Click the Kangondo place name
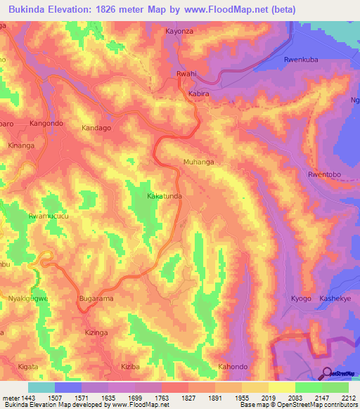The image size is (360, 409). (46, 124)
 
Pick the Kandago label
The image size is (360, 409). (96, 129)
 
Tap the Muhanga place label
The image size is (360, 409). (198, 162)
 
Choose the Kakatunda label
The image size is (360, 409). (165, 197)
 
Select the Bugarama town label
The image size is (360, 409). (96, 299)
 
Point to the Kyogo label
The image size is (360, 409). (301, 299)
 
